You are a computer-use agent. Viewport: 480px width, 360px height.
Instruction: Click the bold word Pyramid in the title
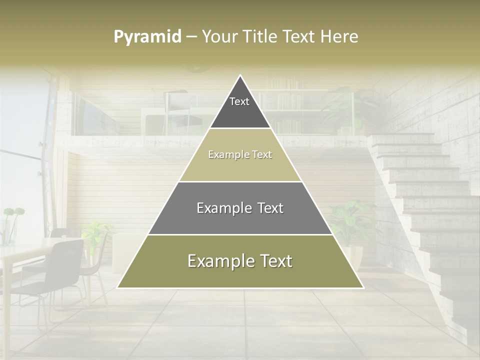[147, 37]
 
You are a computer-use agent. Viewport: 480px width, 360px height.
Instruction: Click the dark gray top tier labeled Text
[239, 107]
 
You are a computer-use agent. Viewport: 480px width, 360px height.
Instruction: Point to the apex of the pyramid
[240, 76]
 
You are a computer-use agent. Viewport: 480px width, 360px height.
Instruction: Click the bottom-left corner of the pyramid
[118, 287]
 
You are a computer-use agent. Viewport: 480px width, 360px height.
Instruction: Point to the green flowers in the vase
[13, 213]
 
